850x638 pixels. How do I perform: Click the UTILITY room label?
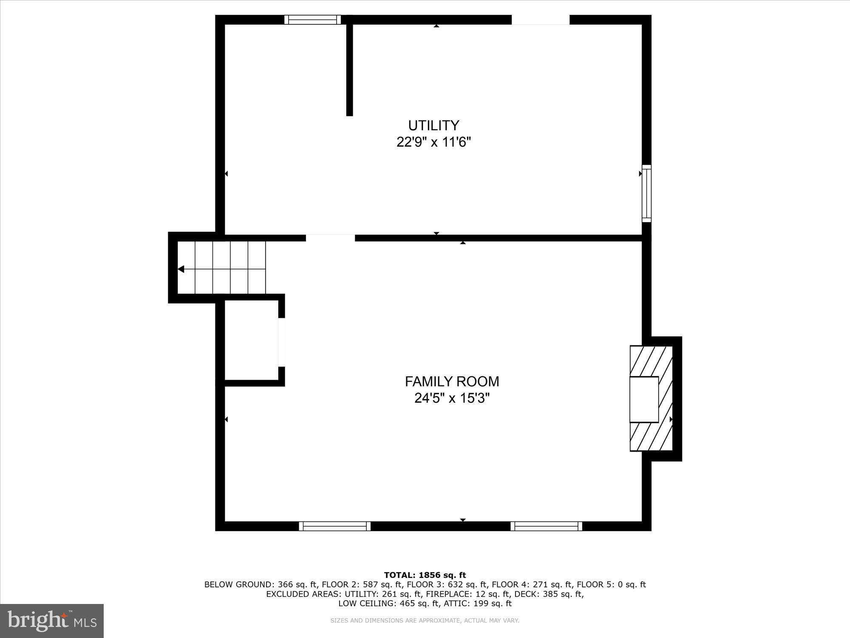tap(433, 125)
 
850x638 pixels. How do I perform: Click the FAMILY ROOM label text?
tap(452, 382)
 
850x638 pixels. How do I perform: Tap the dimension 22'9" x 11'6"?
tap(433, 142)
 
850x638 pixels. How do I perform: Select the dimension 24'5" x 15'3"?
tap(452, 399)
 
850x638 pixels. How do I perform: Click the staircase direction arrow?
tap(181, 269)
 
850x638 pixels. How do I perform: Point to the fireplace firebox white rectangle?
tap(644, 399)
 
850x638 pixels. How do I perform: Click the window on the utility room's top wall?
tap(312, 20)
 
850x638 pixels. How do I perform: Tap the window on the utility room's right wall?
tap(646, 194)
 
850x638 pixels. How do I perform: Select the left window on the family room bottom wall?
tap(334, 526)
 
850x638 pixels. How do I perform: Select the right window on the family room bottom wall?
tap(546, 526)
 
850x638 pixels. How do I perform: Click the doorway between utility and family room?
tap(330, 238)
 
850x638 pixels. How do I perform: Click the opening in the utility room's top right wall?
tap(540, 20)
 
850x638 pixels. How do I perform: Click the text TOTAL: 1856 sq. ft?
tap(425, 575)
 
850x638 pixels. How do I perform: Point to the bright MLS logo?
tap(52, 621)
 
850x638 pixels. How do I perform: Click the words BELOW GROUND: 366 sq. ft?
tap(261, 584)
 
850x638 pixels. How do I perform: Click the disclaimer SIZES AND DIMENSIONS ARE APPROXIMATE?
tap(425, 621)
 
